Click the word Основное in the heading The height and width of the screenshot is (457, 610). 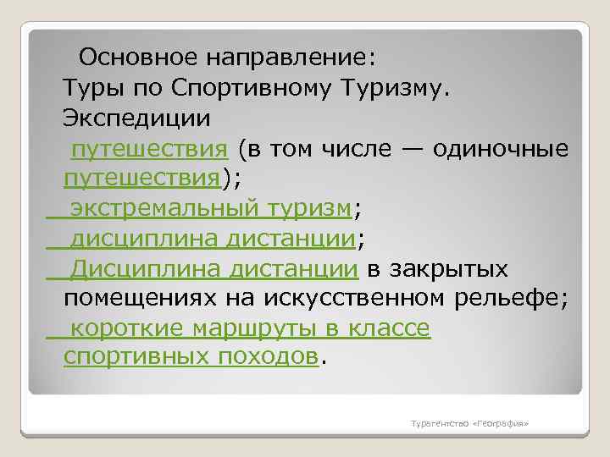click(134, 58)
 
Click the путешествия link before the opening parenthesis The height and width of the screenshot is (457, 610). click(149, 150)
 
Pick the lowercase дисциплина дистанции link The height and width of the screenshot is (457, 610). click(212, 240)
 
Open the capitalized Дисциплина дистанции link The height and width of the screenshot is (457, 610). click(213, 269)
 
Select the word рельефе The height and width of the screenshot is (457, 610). click(515, 299)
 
